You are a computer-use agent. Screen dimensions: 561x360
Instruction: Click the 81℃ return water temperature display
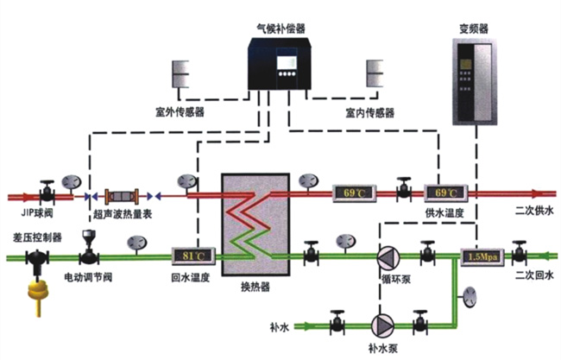[x=193, y=256]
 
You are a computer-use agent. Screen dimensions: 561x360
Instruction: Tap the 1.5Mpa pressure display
[x=482, y=257]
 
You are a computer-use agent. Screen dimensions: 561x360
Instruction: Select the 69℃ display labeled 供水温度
[x=446, y=193]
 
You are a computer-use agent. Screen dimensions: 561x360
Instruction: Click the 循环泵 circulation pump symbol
[x=388, y=256]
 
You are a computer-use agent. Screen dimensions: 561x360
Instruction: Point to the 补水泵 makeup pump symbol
[x=383, y=326]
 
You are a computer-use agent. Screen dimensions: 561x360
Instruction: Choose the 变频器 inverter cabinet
[x=475, y=82]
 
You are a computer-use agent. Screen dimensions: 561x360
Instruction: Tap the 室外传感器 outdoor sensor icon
[x=180, y=74]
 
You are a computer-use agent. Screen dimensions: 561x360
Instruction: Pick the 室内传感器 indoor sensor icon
[x=375, y=73]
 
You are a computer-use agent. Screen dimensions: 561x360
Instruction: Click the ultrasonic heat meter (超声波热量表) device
[x=122, y=196]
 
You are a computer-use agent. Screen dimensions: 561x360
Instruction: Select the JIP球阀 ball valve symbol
[x=47, y=193]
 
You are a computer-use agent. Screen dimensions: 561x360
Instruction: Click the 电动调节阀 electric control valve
[x=88, y=249]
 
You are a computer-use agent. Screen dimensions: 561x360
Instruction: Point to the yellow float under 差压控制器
[x=38, y=295]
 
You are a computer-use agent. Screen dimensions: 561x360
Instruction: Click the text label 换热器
[x=255, y=287]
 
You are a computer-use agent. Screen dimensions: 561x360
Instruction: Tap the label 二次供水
[x=534, y=211]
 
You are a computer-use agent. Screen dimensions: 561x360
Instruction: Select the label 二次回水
[x=534, y=275]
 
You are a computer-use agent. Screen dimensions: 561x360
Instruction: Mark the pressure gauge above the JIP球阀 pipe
[x=72, y=182]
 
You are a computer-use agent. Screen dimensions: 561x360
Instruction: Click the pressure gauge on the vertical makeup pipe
[x=470, y=296]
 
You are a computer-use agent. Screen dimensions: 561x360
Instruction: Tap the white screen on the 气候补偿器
[x=287, y=63]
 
